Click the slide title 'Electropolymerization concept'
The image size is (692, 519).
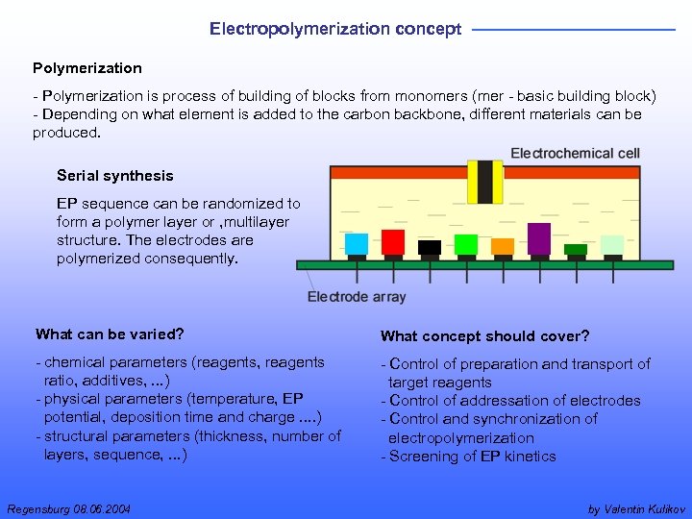pyautogui.click(x=335, y=29)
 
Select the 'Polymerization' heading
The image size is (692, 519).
pyautogui.click(x=86, y=68)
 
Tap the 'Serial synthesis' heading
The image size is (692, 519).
pyautogui.click(x=115, y=175)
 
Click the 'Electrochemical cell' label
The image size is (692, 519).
pyautogui.click(x=575, y=153)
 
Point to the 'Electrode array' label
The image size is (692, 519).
pyautogui.click(x=357, y=297)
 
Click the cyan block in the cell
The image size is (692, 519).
pyautogui.click(x=357, y=243)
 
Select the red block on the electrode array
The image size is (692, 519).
pyautogui.click(x=392, y=241)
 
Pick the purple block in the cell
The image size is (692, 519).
pyautogui.click(x=539, y=238)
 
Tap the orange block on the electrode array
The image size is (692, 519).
pyautogui.click(x=503, y=246)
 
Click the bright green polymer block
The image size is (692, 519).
pyautogui.click(x=466, y=244)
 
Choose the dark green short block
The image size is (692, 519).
pyautogui.click(x=576, y=249)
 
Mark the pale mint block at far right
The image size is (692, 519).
pyautogui.click(x=612, y=245)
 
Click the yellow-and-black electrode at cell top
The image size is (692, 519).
pyautogui.click(x=485, y=182)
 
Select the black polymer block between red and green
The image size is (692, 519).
pyautogui.click(x=430, y=247)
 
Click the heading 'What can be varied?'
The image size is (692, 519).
pyautogui.click(x=109, y=334)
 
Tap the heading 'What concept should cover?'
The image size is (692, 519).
pyautogui.click(x=484, y=335)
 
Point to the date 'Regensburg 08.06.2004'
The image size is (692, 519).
pyautogui.click(x=68, y=508)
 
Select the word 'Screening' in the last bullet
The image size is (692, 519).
pyautogui.click(x=424, y=457)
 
